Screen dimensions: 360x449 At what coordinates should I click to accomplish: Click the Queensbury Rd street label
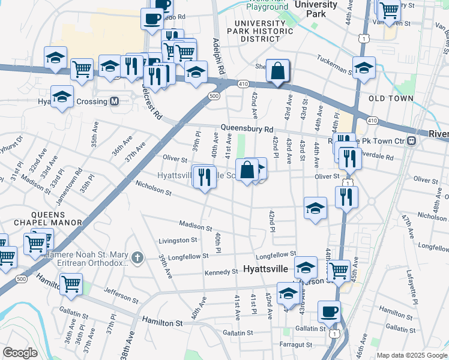(246, 128)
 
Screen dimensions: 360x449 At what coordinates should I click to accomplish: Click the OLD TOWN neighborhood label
(391, 98)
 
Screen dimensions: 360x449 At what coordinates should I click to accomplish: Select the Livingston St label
(177, 240)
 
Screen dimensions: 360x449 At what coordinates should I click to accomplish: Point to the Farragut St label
(296, 344)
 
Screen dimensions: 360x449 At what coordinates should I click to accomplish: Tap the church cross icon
(137, 258)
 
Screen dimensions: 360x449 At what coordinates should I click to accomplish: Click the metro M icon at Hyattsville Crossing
(113, 101)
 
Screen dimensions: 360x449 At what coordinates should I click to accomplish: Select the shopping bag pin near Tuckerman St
(278, 71)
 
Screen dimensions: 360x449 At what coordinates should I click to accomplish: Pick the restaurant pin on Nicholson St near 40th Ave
(205, 177)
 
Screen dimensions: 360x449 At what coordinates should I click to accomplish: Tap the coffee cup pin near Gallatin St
(329, 312)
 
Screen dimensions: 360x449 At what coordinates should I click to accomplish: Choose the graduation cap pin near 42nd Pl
(315, 209)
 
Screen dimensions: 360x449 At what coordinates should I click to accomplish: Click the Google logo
(20, 353)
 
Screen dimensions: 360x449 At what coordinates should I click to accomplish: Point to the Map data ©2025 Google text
(411, 355)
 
